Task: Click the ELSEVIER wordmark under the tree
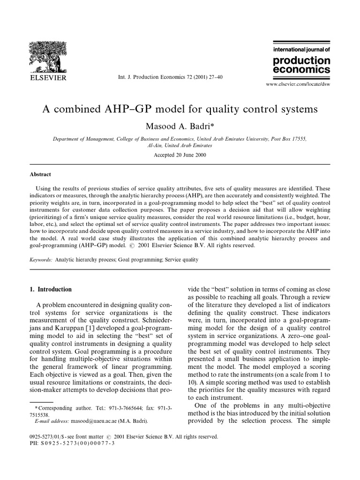pos(47,77)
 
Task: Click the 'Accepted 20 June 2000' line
pos(180,155)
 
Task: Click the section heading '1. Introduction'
pos(51,289)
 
